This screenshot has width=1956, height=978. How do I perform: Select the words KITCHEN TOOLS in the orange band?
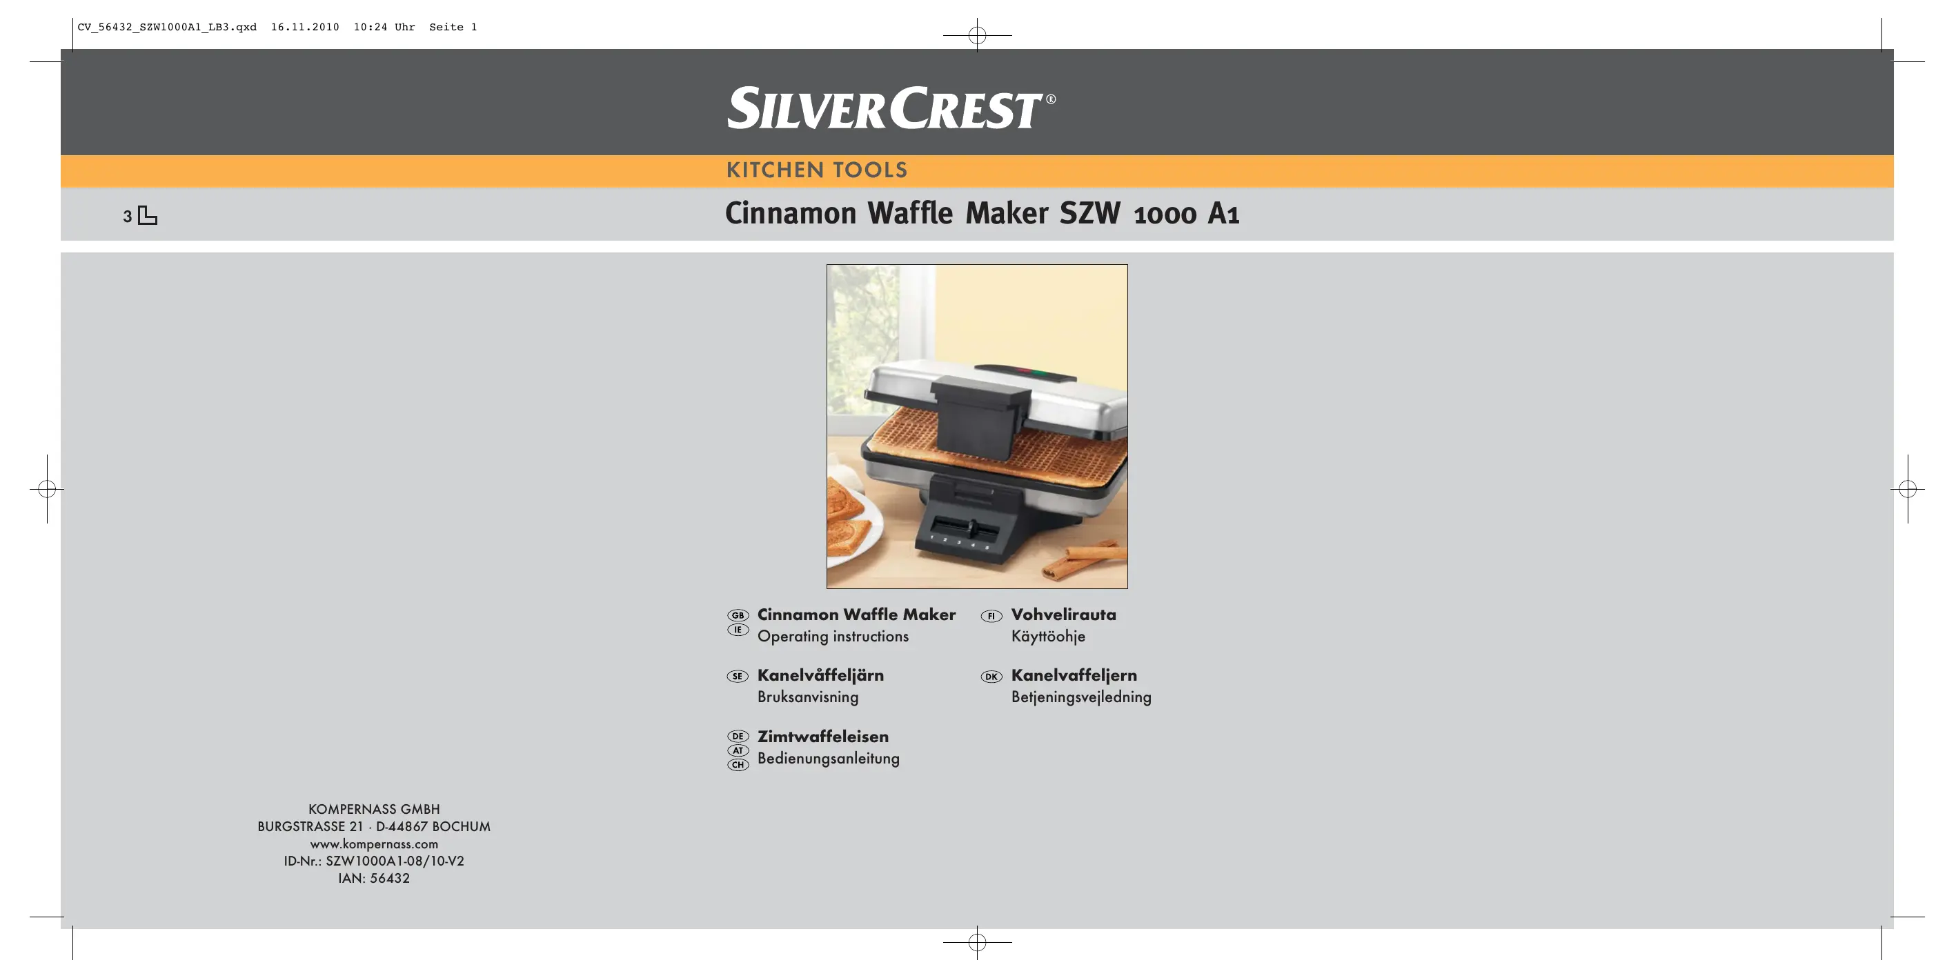coord(817,170)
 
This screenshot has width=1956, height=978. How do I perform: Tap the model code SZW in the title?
coord(1089,213)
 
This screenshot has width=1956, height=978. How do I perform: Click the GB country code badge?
coord(738,616)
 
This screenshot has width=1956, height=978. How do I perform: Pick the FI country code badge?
coord(991,616)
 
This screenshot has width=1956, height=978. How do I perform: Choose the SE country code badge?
coord(738,677)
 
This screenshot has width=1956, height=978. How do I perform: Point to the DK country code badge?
coord(991,677)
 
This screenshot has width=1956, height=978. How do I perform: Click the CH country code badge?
coord(738,765)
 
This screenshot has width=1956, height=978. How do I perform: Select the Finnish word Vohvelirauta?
coord(1064,615)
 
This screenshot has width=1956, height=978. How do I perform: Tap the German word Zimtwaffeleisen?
coord(823,737)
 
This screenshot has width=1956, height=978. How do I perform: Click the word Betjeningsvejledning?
coord(1081,697)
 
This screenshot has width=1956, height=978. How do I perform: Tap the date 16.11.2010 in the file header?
coord(305,28)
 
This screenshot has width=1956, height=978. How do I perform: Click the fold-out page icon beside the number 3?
coord(148,216)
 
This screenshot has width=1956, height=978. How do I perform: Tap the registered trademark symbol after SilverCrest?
coord(1051,99)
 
